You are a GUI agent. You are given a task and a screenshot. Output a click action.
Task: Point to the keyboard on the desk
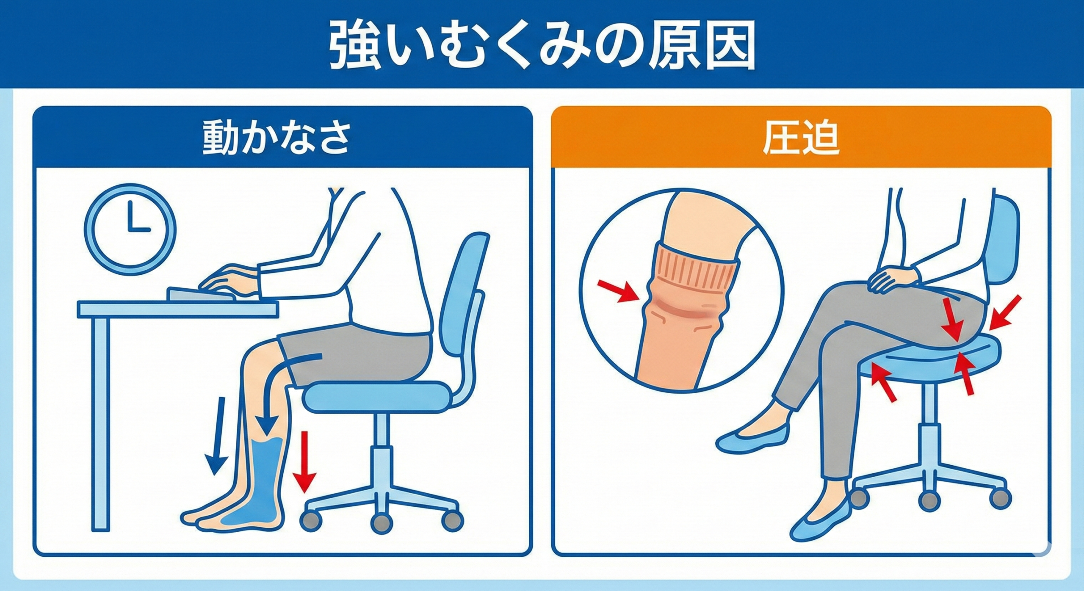point(202,294)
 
